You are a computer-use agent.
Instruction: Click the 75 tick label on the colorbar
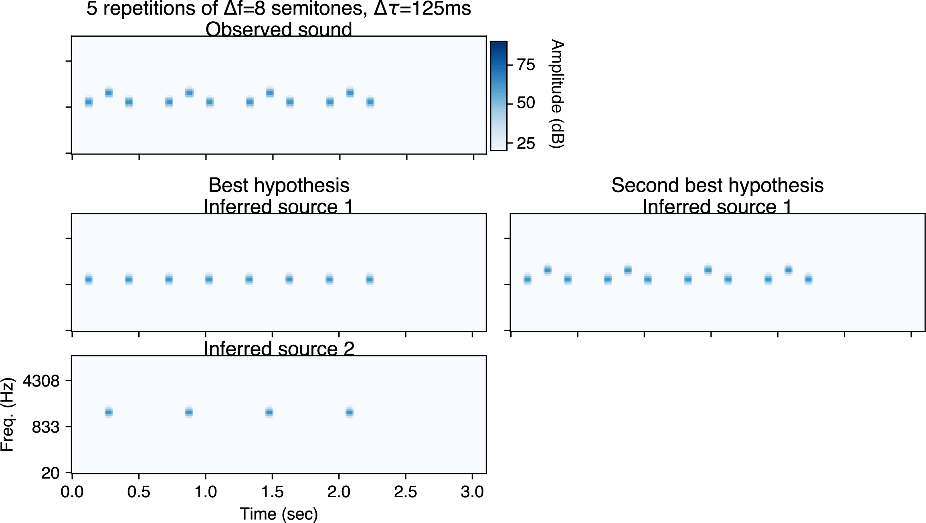coord(526,65)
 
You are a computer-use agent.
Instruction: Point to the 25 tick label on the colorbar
coord(526,143)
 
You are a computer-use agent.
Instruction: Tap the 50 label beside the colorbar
coord(526,103)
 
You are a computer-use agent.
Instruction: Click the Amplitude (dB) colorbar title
coord(557,94)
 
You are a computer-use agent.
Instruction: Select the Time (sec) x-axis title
coord(279,514)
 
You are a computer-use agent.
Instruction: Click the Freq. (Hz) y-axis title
coord(8,415)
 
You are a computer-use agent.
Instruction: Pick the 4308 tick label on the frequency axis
coord(41,381)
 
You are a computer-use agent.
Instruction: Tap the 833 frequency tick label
coord(46,427)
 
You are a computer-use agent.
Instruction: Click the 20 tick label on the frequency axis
coord(50,473)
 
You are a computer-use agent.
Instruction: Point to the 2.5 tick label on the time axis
coord(405,492)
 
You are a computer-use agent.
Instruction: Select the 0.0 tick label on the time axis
coord(72,492)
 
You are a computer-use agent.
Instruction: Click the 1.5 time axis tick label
coord(272,492)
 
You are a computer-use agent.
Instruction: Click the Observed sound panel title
coord(279,29)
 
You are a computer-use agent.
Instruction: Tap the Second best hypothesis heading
coord(717,185)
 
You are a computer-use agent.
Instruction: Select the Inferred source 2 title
coord(279,348)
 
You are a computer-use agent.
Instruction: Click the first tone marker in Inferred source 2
coord(109,412)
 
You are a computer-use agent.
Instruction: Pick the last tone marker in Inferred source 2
coord(349,412)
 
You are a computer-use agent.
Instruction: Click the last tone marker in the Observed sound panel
coord(370,102)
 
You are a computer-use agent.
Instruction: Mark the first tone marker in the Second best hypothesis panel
coord(528,279)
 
